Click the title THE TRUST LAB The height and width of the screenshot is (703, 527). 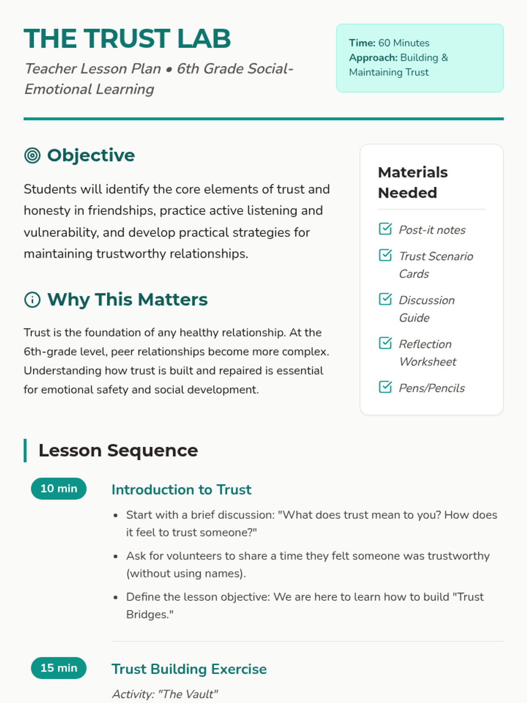coord(127,39)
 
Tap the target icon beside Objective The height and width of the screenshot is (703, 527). coord(32,156)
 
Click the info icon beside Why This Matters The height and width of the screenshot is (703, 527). coord(32,300)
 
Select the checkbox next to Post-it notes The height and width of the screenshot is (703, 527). coord(385,229)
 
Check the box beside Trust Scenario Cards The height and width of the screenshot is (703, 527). coord(385,255)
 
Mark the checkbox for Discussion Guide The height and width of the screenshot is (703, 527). coord(385,299)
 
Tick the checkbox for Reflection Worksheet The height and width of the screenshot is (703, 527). coord(385,343)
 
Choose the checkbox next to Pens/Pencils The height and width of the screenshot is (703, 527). coord(385,387)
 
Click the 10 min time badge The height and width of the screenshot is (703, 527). coord(59,489)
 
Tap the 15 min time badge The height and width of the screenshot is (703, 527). coord(59,668)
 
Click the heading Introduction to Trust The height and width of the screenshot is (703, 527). coord(181,489)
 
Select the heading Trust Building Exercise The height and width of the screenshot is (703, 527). coord(189,669)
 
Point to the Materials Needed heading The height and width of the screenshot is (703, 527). coord(413,182)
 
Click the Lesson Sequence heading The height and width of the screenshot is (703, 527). coord(118,450)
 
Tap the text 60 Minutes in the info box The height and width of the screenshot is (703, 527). coord(404,43)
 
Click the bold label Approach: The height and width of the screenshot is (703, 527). coord(373,58)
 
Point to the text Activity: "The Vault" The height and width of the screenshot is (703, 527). coord(165,694)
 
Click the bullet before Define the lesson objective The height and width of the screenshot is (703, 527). coord(116,598)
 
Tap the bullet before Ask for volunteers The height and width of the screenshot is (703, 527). coord(116,557)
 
